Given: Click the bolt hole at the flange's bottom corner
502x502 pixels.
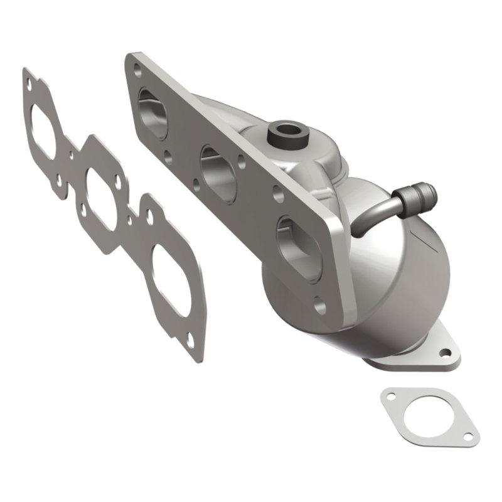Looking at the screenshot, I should pyautogui.click(x=320, y=307).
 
